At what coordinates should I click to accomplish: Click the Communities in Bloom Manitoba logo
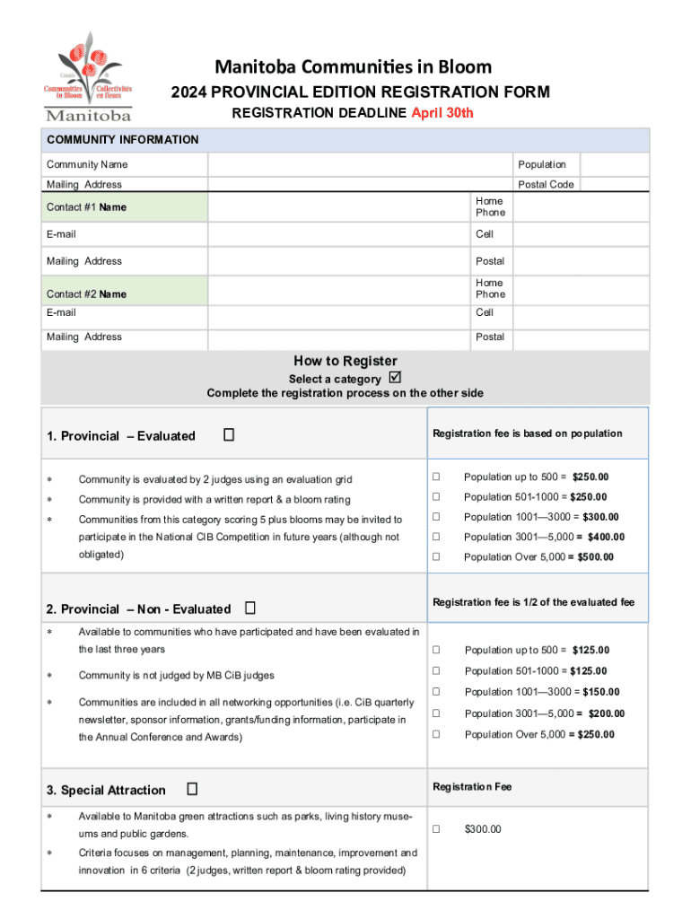(88, 77)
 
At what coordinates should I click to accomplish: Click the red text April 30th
(442, 113)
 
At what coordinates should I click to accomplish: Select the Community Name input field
(360, 165)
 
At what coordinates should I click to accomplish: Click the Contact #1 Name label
(86, 207)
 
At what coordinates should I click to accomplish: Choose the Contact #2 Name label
(86, 294)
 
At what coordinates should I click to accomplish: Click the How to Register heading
(345, 361)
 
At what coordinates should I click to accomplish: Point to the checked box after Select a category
(395, 378)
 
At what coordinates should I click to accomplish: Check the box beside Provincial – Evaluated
(229, 435)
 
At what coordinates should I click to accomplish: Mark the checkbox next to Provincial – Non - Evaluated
(249, 608)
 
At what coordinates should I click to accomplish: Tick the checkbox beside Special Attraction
(192, 790)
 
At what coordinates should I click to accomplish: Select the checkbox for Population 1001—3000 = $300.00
(436, 517)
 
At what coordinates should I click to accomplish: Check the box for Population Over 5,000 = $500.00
(436, 556)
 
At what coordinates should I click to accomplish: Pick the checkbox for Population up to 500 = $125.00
(437, 650)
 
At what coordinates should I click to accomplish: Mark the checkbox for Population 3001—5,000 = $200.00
(437, 713)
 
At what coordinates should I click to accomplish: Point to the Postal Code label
(546, 185)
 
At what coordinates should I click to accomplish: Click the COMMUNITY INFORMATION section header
(123, 140)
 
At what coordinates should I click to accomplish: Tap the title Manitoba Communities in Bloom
(352, 67)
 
